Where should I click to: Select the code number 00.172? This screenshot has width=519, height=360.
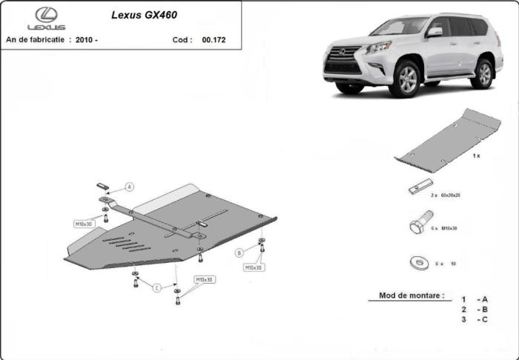tap(214, 41)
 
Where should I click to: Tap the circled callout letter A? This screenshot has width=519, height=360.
tap(129, 187)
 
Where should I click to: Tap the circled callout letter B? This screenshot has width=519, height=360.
tap(239, 253)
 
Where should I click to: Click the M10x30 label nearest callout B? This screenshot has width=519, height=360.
tap(254, 267)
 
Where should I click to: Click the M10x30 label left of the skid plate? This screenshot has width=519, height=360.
tap(83, 223)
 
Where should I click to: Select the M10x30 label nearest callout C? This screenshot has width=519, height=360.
tap(204, 280)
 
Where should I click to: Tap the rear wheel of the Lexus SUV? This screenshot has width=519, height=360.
tap(484, 73)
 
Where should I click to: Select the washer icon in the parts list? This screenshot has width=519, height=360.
tap(415, 262)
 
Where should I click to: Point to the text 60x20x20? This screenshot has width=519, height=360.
tap(450, 195)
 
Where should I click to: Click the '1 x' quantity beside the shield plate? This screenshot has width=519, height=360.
tap(477, 156)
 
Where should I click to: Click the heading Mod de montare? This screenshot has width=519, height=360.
tap(411, 295)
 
